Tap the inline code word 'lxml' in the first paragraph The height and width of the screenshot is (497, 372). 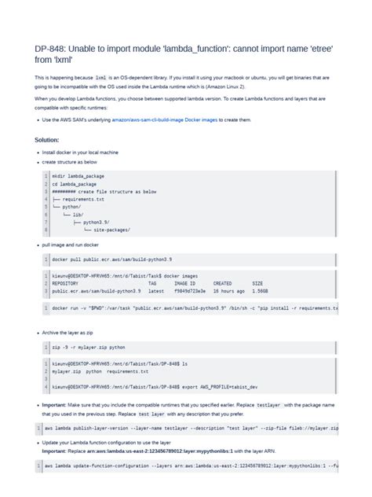[x=100, y=78]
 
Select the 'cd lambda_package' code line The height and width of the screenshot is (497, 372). [x=75, y=183]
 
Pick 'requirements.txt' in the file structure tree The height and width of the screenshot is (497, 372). [x=88, y=199]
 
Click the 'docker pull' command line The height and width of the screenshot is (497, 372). [x=117, y=259]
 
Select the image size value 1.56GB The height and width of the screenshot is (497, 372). [x=263, y=290]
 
